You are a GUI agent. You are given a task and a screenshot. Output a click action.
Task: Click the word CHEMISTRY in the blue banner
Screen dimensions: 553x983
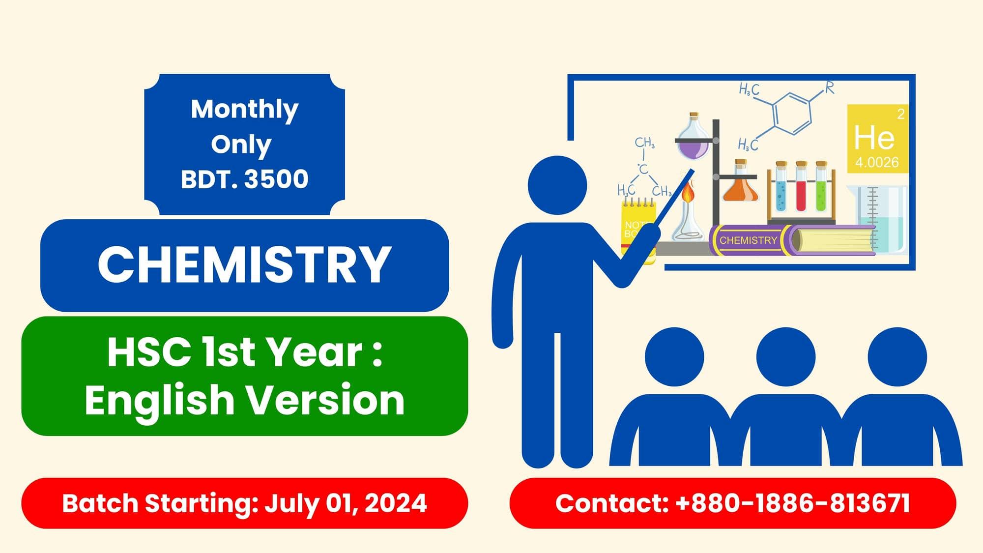pyautogui.click(x=244, y=265)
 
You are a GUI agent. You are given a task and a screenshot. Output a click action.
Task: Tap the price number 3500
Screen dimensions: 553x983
pyautogui.click(x=276, y=179)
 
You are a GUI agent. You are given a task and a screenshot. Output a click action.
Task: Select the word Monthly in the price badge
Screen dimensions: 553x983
pyautogui.click(x=244, y=109)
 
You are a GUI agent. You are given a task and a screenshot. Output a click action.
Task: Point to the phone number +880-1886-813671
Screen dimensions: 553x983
pyautogui.click(x=792, y=503)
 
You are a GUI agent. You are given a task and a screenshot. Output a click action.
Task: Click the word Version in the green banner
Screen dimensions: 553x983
pyautogui.click(x=325, y=400)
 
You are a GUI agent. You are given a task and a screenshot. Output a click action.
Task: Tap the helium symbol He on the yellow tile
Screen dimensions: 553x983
pyautogui.click(x=874, y=138)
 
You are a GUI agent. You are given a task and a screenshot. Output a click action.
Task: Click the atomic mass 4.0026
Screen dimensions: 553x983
pyautogui.click(x=877, y=162)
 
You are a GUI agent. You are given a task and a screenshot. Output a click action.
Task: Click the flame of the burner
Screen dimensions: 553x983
pyautogui.click(x=688, y=192)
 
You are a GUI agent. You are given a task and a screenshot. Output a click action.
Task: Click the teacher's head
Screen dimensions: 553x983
pyautogui.click(x=557, y=185)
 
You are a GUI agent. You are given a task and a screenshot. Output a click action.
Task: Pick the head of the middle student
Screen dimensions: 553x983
pyautogui.click(x=785, y=357)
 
